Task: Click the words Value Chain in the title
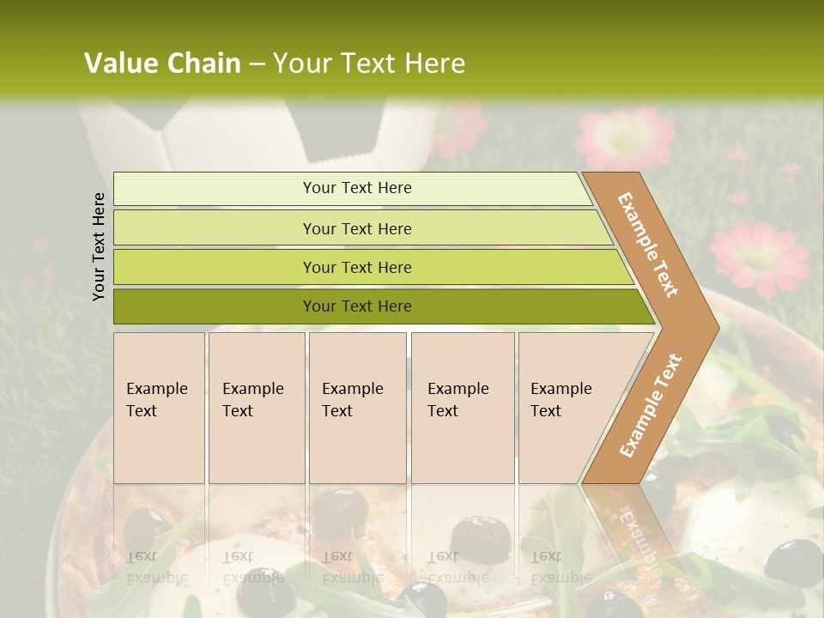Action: [162, 64]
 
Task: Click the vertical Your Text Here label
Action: [99, 246]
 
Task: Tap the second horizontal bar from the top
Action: [357, 228]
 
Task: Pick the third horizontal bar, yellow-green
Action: [357, 267]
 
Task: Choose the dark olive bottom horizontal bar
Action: [357, 306]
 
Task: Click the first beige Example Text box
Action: [159, 407]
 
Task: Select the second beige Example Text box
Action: [256, 407]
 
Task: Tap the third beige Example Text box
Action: [357, 407]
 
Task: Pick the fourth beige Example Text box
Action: [462, 407]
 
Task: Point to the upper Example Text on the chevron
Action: [648, 245]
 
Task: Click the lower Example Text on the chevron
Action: [650, 406]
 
